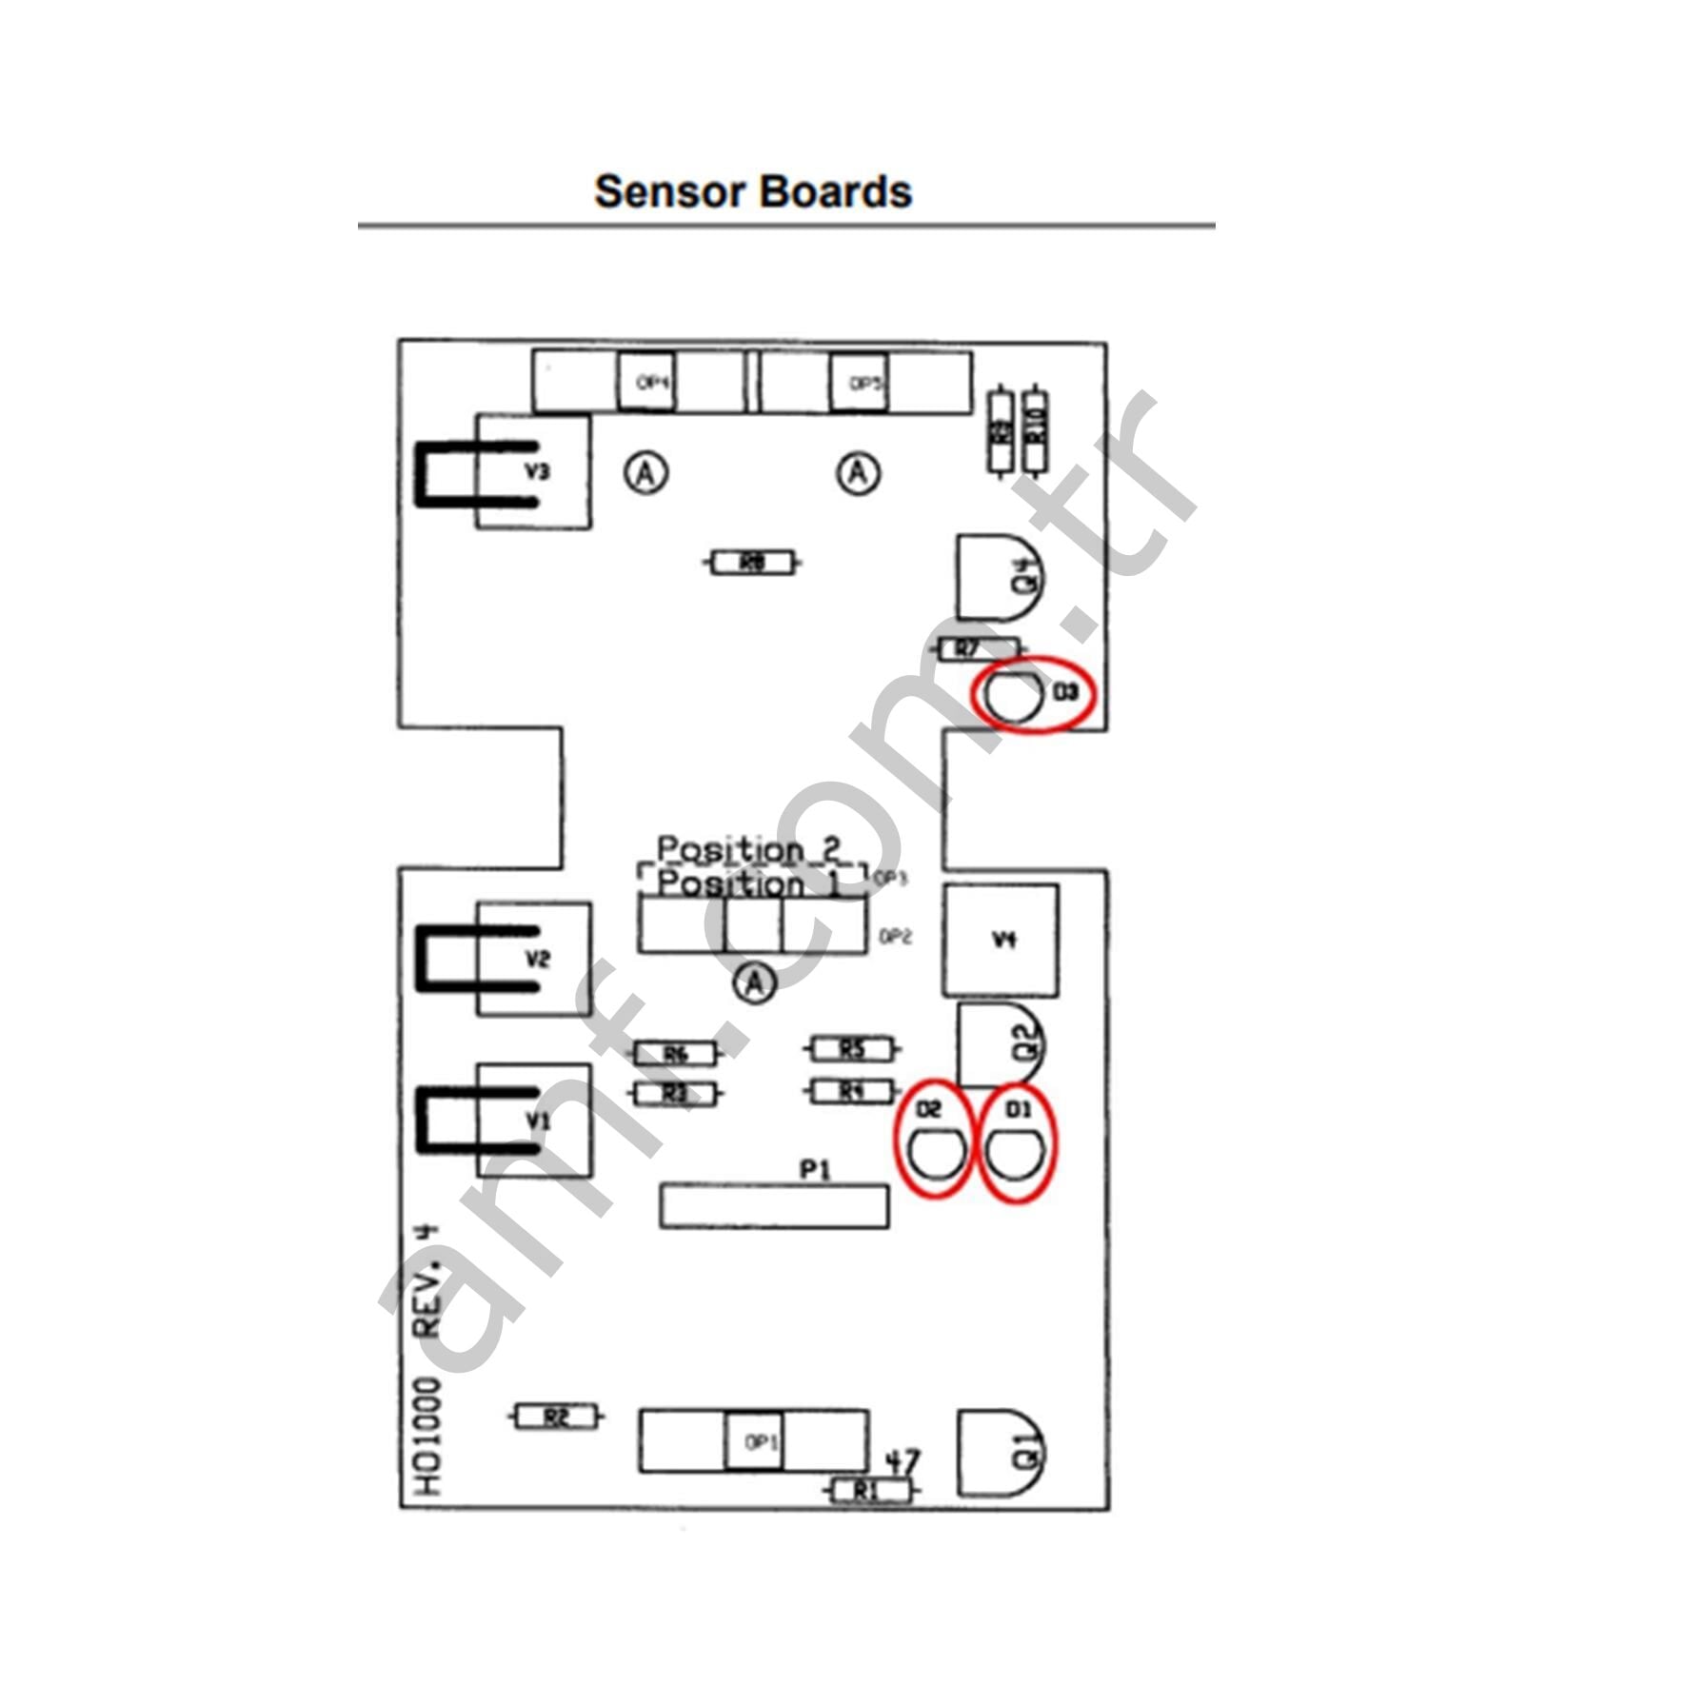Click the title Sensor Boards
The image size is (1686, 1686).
coord(752,191)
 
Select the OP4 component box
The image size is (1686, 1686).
coord(646,382)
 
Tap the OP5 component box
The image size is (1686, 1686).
coord(859,383)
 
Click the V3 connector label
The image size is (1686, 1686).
coord(538,471)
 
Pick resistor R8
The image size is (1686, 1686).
coord(752,563)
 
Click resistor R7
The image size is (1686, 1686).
coord(969,649)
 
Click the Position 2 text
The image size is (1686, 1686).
coord(749,847)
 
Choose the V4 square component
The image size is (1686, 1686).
coord(1000,940)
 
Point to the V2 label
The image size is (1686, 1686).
coord(538,958)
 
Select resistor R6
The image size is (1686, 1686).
coord(675,1053)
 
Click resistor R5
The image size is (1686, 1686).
coord(851,1049)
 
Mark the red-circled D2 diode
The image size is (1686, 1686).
coord(933,1141)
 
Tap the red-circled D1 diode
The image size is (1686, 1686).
coord(1017,1142)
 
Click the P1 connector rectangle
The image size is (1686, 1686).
coord(774,1206)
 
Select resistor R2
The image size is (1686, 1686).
coord(557,1418)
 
